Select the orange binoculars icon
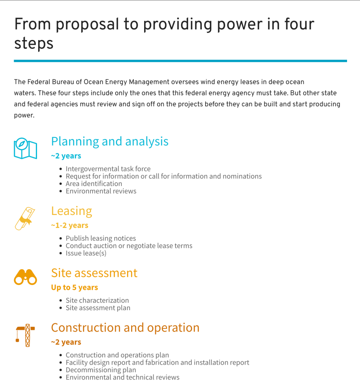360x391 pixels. point(25,277)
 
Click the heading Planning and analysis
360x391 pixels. point(109,141)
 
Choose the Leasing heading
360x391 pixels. point(71,211)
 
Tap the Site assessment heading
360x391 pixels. point(94,273)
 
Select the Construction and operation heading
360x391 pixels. point(125,328)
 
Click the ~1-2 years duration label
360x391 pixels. point(69,226)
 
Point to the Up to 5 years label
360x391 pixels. point(74,288)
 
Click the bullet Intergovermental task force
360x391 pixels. point(108,169)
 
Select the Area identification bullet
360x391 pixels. point(94,184)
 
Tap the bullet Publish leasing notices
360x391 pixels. point(101,238)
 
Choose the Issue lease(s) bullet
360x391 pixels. point(86,253)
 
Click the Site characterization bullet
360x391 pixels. point(97,301)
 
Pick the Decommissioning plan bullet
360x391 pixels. point(101,370)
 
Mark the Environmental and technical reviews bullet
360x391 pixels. point(122,377)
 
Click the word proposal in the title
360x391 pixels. point(86,24)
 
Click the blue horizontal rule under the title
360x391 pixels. point(180,61)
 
